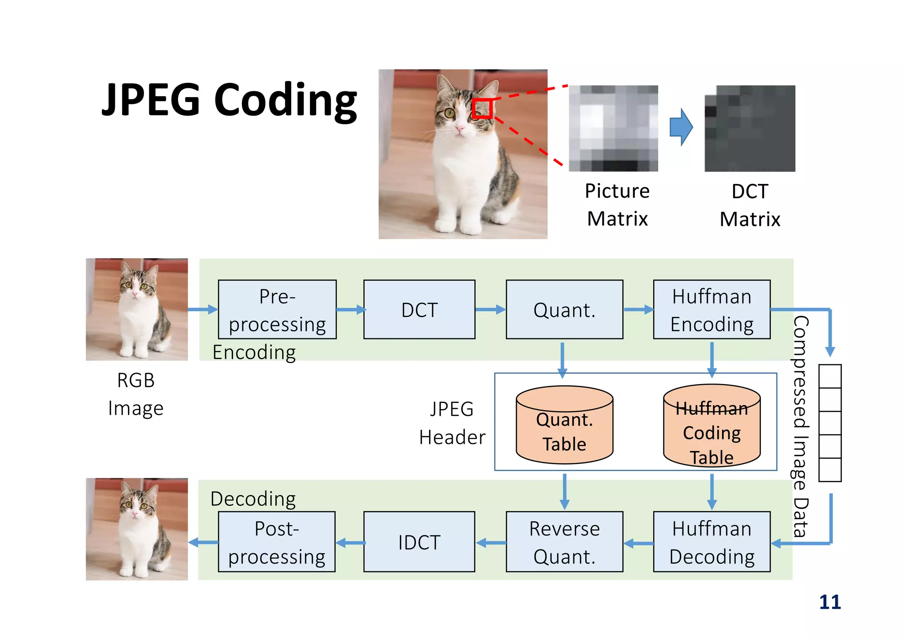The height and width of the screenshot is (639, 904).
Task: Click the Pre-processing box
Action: click(x=277, y=309)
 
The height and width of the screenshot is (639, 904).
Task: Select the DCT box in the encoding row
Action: click(x=419, y=309)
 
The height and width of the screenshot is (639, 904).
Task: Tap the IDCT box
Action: click(x=419, y=541)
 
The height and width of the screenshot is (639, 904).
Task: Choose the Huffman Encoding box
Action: click(x=712, y=309)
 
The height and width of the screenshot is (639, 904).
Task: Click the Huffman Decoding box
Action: click(x=712, y=541)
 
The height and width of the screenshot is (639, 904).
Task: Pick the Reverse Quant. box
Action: click(x=564, y=541)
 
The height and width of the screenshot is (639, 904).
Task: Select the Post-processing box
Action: click(x=277, y=541)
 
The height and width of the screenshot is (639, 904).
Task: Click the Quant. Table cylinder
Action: click(x=564, y=425)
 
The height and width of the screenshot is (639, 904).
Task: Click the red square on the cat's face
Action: click(x=482, y=109)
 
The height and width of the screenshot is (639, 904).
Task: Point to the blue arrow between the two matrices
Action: click(x=681, y=127)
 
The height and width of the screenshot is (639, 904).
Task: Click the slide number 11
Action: click(x=829, y=602)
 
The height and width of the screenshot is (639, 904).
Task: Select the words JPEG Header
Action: click(x=452, y=423)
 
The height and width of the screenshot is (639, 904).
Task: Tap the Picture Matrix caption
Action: click(x=617, y=205)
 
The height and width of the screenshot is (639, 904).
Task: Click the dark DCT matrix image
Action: click(x=750, y=128)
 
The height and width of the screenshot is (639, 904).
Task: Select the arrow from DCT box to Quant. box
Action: click(x=490, y=309)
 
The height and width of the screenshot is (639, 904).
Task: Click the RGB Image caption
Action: click(x=136, y=394)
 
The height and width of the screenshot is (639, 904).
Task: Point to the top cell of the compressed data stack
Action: click(x=829, y=376)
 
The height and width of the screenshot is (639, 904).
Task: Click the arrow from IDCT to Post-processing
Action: click(x=350, y=542)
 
